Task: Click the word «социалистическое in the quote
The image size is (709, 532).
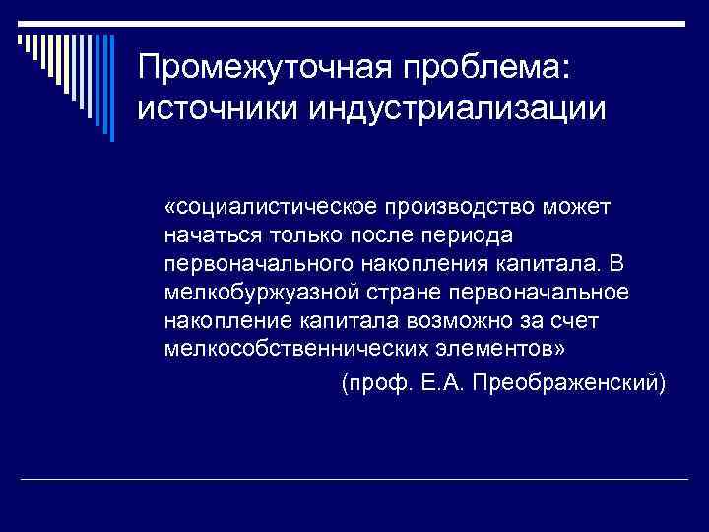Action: pyautogui.click(x=269, y=207)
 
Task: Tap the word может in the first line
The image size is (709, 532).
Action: pyautogui.click(x=579, y=207)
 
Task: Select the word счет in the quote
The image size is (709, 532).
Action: pyautogui.click(x=591, y=321)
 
